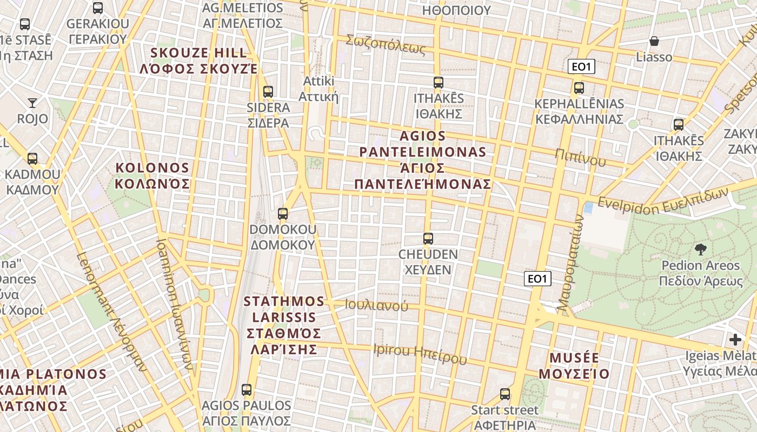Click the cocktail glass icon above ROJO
pos(32,102)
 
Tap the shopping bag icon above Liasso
pos(654,40)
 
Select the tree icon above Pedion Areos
pos(701,249)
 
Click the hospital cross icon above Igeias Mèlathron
pos(735,340)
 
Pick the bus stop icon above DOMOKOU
pos(282,213)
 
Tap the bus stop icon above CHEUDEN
pos(428,238)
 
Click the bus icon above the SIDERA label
pos(268,91)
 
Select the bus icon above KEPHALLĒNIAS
pos(579,87)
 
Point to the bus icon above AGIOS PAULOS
pos(247,389)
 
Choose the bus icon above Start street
pos(505,394)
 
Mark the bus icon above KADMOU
pos(32,158)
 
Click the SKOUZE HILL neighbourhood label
pos(199,61)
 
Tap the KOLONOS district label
pos(152,175)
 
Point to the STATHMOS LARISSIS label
pos(284,325)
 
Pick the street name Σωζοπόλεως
pos(386,44)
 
